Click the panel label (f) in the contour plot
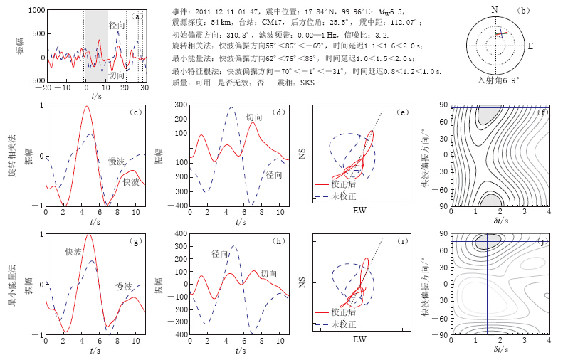[544, 112]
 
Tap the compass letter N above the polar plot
[495, 9]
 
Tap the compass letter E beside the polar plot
[530, 46]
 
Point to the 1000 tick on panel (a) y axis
[32, 11]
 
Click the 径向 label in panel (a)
[117, 25]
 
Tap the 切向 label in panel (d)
[254, 117]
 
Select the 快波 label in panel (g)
[73, 252]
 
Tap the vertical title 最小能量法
[14, 284]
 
